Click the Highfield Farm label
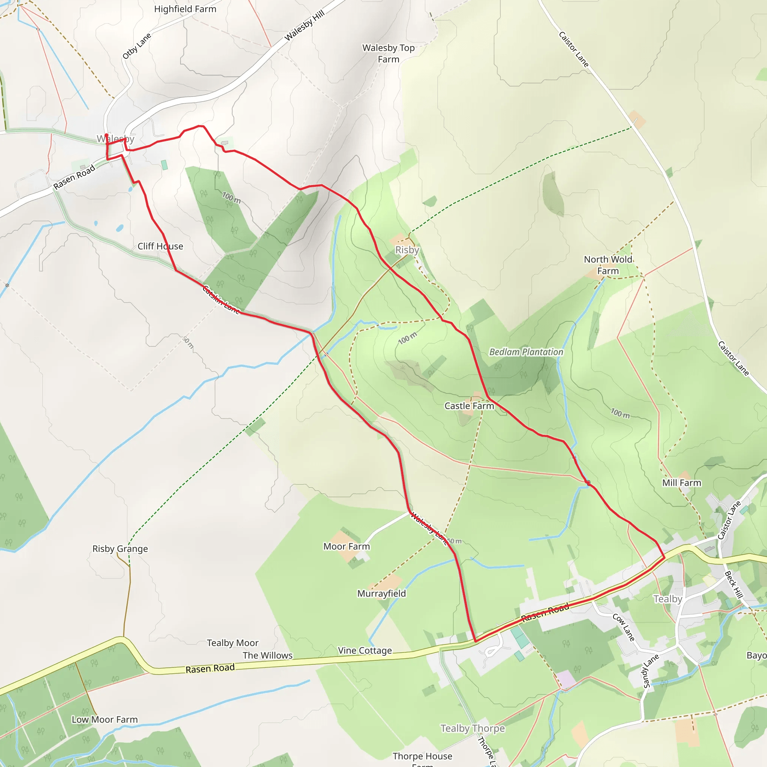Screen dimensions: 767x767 click(185, 9)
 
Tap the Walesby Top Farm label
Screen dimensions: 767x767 click(388, 53)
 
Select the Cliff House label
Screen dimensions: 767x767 click(160, 246)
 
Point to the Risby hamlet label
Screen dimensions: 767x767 click(407, 250)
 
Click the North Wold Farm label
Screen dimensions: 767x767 click(608, 265)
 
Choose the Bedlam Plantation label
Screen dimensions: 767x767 click(526, 352)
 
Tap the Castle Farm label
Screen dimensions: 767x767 click(469, 406)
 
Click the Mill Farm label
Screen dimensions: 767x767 click(682, 483)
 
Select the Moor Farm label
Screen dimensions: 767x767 click(346, 546)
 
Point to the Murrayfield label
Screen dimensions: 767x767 click(382, 594)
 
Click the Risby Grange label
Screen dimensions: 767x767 click(120, 549)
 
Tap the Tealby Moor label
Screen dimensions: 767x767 click(233, 643)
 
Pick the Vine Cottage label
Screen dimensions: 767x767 click(365, 650)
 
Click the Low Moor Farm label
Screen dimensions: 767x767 click(105, 719)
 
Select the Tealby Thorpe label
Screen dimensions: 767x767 click(472, 728)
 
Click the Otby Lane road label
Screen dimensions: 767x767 click(137, 46)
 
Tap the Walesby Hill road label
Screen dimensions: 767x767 click(304, 25)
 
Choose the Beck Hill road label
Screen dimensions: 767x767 click(733, 584)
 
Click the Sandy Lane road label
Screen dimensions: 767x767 click(650, 670)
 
